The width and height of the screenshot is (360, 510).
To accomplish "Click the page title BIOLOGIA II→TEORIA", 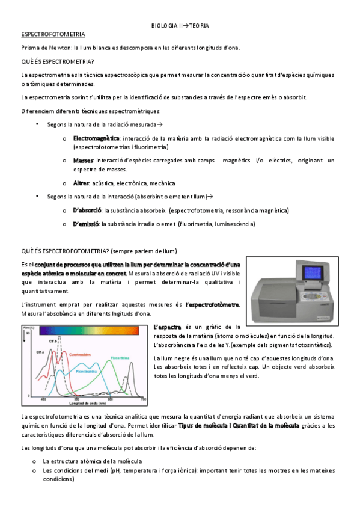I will [x=180, y=26].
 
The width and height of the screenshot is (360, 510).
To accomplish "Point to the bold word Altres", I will [x=81, y=183].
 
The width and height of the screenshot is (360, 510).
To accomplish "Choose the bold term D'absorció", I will [x=87, y=210].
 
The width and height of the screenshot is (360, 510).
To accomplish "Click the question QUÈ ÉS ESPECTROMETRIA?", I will [x=57, y=61].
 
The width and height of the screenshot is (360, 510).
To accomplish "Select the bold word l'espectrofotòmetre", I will [x=213, y=304].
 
